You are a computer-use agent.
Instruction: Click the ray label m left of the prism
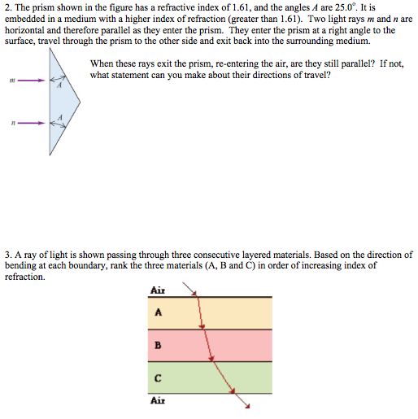pyautogui.click(x=11, y=81)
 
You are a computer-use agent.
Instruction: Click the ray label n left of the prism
pyautogui.click(x=11, y=124)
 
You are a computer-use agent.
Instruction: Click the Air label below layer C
pyautogui.click(x=158, y=400)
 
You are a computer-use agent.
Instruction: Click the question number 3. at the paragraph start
pyautogui.click(x=7, y=254)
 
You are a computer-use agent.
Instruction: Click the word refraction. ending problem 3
pyautogui.click(x=25, y=277)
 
